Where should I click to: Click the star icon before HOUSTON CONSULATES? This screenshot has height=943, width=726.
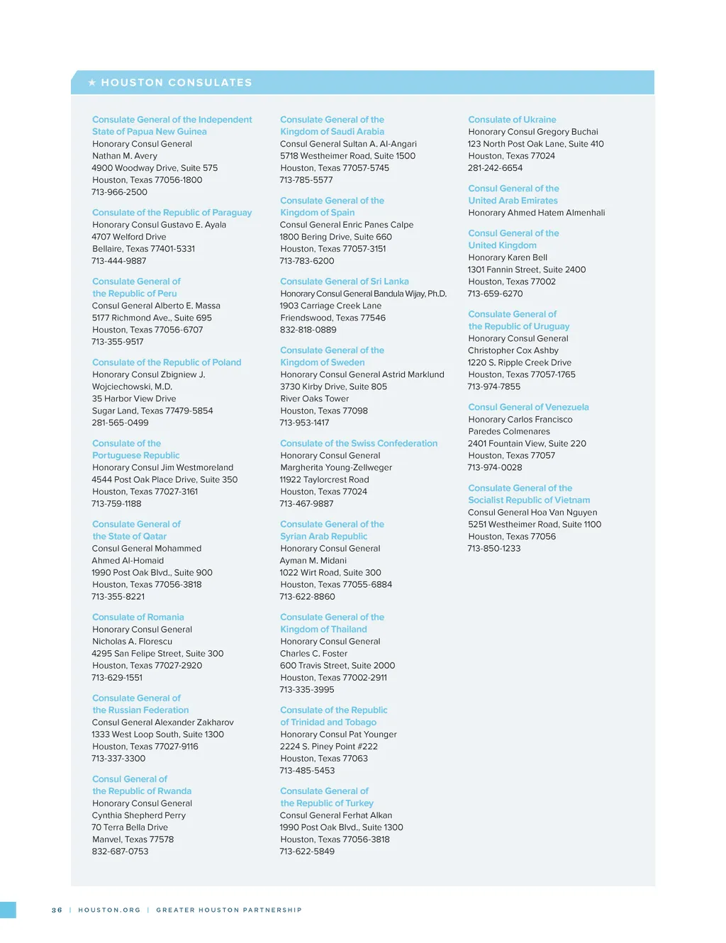[x=92, y=83]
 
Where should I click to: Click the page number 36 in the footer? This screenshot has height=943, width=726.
[x=57, y=910]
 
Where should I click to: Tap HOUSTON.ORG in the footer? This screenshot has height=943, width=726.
[x=109, y=910]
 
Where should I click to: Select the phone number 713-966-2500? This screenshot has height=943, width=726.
[x=119, y=192]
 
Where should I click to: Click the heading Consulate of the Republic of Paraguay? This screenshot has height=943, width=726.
[x=172, y=213]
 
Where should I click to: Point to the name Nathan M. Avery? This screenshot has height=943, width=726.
[x=125, y=156]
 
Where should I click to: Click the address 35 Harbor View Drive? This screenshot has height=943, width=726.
[x=134, y=398]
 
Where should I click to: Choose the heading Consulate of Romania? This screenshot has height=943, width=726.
[x=138, y=618]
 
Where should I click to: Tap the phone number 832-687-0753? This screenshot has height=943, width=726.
[x=120, y=852]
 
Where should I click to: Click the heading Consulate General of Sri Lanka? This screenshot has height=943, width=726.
[x=344, y=281]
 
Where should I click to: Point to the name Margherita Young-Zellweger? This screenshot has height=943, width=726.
[x=336, y=467]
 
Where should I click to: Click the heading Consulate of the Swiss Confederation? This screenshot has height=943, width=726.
[x=359, y=444]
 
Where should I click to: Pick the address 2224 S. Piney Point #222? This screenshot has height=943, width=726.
[x=328, y=747]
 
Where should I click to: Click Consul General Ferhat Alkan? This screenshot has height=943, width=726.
[x=336, y=815]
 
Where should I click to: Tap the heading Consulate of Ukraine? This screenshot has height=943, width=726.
[x=512, y=120]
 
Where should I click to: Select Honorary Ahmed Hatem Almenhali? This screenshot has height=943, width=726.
[x=537, y=213]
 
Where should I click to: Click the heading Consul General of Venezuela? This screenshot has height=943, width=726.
[x=528, y=408]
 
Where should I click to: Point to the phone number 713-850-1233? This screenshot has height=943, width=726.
[x=494, y=549]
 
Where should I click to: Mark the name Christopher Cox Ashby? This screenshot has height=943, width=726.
[x=513, y=350]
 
